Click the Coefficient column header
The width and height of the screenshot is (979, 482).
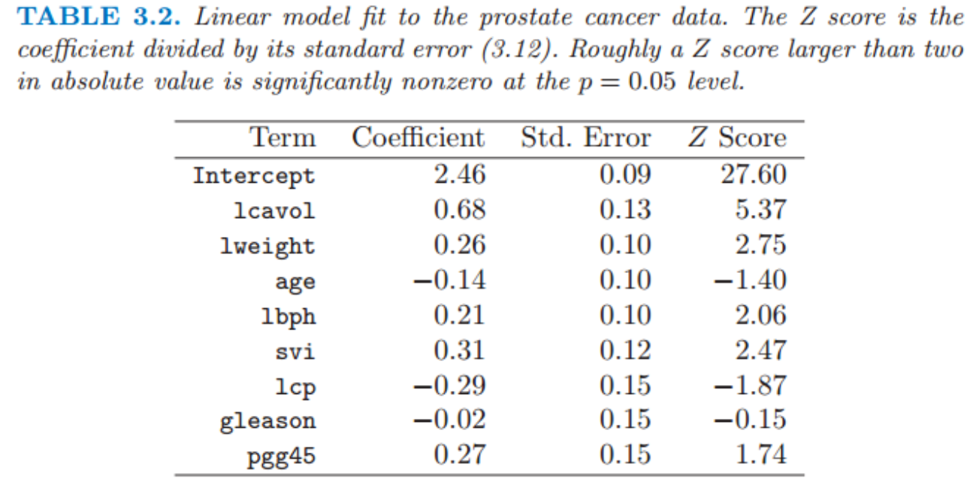[418, 138]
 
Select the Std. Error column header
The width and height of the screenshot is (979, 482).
[586, 138]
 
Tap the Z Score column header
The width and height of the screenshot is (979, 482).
[738, 138]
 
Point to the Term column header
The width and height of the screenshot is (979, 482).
[283, 138]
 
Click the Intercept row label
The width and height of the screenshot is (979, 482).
[254, 176]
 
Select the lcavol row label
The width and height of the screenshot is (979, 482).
[274, 211]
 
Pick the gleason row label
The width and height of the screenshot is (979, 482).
[267, 422]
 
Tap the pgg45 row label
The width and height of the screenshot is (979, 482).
[281, 457]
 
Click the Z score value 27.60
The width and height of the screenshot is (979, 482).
[754, 174]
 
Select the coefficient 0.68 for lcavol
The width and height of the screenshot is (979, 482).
[459, 210]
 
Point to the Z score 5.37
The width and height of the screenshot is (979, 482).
[761, 210]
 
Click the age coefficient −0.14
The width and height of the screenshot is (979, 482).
[449, 280]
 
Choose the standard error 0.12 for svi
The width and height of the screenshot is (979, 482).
[625, 350]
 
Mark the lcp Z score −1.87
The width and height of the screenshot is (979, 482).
[751, 386]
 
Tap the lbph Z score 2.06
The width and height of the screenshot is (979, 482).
[761, 315]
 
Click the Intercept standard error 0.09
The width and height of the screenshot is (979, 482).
[625, 174]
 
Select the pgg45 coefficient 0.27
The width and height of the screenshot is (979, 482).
[459, 454]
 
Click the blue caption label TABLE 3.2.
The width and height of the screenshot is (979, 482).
[98, 17]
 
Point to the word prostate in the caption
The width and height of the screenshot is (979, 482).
[526, 18]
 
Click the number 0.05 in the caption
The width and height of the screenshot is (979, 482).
[652, 81]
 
